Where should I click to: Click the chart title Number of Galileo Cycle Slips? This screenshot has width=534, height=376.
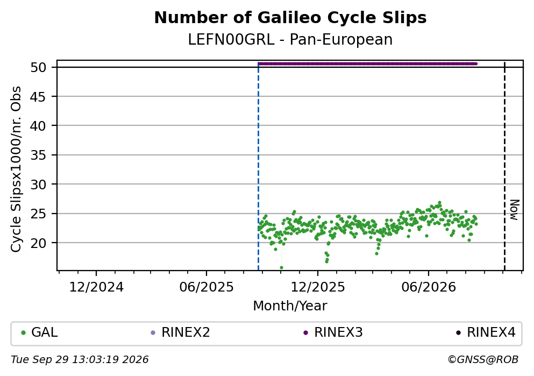[290, 18]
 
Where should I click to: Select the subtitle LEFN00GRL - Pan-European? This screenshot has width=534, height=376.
[290, 39]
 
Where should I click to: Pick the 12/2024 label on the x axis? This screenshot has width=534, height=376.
[96, 287]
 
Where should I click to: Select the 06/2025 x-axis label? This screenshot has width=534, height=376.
[207, 287]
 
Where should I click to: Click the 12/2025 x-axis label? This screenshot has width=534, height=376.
[318, 287]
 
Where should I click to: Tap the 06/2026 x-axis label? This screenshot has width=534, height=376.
[429, 287]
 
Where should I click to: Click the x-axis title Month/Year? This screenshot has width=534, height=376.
[290, 306]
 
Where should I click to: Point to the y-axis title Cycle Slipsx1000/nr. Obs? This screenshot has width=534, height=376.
[16, 169]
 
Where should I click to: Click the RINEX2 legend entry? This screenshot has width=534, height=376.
[180, 332]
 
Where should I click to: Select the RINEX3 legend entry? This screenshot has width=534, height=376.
[333, 332]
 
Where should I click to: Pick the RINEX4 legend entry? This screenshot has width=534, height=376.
[486, 332]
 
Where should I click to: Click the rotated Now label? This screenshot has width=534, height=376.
[514, 210]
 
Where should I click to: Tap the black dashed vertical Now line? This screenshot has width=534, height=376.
[504, 166]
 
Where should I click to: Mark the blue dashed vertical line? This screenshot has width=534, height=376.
[258, 166]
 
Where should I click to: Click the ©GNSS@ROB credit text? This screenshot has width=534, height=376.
[483, 360]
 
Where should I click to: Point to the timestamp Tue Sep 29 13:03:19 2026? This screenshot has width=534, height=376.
[80, 360]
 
